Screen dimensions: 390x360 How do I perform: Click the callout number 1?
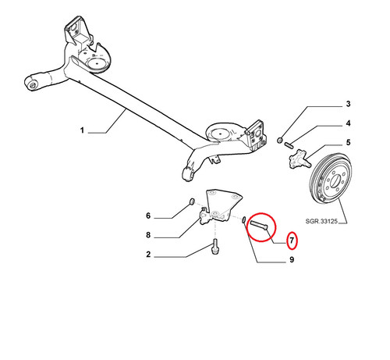click(x=82, y=130)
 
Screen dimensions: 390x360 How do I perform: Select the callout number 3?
click(x=348, y=104)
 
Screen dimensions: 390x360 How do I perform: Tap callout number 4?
click(x=348, y=123)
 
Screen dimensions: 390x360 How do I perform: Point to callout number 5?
click(x=348, y=142)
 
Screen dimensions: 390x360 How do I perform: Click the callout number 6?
click(x=148, y=216)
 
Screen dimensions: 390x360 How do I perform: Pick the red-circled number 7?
click(x=292, y=241)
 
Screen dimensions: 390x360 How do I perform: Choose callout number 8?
click(x=148, y=235)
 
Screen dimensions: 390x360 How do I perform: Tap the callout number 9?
click(x=292, y=259)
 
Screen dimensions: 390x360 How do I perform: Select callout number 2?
click(x=148, y=255)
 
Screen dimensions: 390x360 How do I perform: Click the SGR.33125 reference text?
click(x=321, y=221)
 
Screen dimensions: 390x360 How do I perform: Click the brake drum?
click(x=331, y=179)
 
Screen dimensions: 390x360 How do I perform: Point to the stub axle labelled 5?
click(x=300, y=159)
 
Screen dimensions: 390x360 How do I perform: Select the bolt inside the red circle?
click(x=260, y=225)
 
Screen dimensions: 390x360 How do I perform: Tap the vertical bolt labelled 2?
click(x=215, y=246)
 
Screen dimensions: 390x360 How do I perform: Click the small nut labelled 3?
click(x=280, y=141)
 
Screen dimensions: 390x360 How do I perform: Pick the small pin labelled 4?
click(x=289, y=145)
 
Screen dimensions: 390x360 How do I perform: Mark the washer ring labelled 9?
click(x=244, y=219)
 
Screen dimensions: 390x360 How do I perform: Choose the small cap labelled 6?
click(x=192, y=201)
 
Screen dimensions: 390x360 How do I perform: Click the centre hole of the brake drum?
click(x=335, y=181)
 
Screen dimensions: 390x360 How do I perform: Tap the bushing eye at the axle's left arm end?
click(x=33, y=85)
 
